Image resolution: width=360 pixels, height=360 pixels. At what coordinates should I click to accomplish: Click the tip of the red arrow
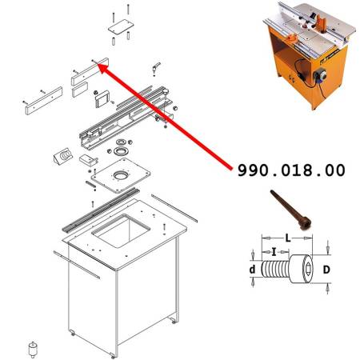(101, 66)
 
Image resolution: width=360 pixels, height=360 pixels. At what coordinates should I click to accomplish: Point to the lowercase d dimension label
(252, 270)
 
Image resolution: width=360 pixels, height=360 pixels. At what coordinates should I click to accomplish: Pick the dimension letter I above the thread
(275, 251)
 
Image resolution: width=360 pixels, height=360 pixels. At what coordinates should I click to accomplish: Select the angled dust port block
(59, 155)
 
